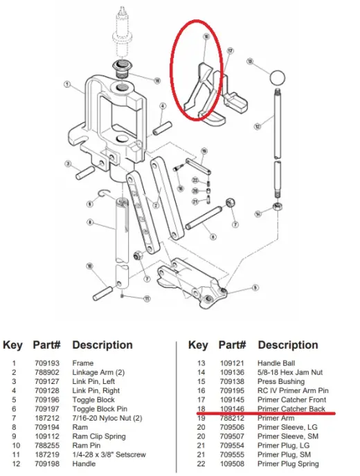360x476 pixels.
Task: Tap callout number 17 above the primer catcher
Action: pos(231,51)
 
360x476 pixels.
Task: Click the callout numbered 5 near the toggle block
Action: pos(255,286)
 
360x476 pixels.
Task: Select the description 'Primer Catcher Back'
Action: pos(291,409)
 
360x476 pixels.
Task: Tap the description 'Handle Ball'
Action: pos(277,363)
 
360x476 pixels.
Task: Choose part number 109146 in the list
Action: pos(232,409)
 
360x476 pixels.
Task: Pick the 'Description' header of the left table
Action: pos(102,345)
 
